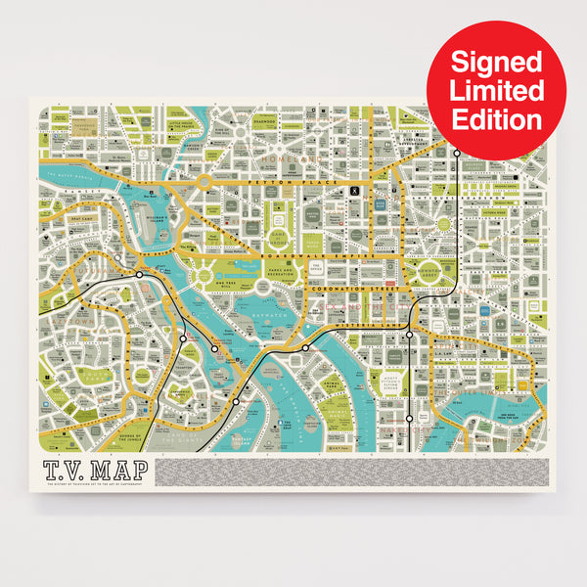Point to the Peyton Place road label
pos(279,182)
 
